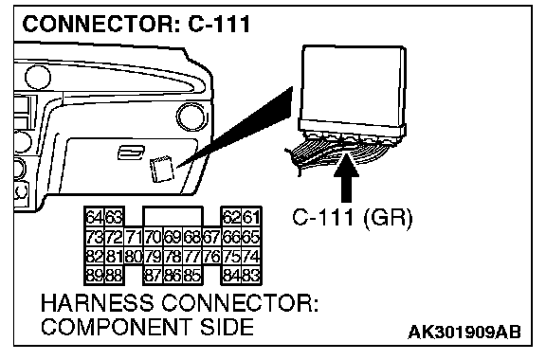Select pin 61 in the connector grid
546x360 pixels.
coord(251,218)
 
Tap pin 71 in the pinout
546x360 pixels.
coord(134,238)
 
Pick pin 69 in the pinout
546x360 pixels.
coord(173,238)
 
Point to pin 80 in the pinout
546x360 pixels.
coord(134,257)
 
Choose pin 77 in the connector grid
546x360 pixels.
coord(192,257)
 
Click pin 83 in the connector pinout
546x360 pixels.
coord(251,276)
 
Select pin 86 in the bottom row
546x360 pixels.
coord(173,276)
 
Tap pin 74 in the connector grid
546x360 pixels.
coord(251,257)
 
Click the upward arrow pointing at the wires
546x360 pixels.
coord(346,177)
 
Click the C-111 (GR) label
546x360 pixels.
coord(352,218)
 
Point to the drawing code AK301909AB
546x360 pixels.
coord(464,332)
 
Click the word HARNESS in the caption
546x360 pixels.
coord(97,302)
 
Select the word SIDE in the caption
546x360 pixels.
coord(227,327)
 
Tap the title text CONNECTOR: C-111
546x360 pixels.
coord(136,24)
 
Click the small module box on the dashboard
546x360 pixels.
coord(162,169)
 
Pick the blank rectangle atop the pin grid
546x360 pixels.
coord(173,216)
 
